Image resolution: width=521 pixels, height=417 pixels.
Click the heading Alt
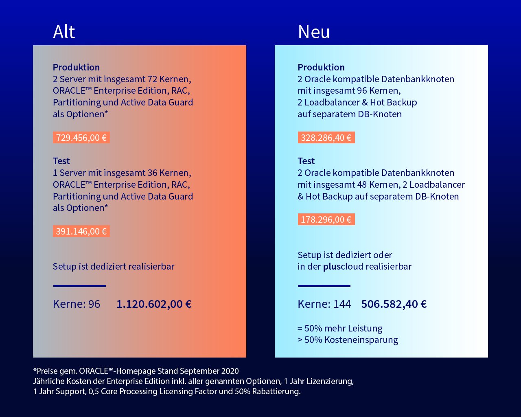64,32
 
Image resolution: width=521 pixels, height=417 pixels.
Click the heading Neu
314,32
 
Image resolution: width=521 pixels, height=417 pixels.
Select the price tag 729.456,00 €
81,138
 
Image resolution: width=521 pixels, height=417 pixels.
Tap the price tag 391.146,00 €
81,231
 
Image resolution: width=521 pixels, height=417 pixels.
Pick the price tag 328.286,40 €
326,138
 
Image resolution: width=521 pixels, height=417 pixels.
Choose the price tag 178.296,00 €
326,219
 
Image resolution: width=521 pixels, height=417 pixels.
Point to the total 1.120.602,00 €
154,304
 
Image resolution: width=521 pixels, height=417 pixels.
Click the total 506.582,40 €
394,304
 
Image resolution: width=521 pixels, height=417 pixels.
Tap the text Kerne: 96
77,304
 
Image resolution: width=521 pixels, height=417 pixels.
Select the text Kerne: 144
324,304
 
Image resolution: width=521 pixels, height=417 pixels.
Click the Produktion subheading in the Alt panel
76,67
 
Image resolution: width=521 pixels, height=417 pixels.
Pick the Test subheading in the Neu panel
306,161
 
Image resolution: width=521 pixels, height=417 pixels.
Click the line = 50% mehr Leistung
340,328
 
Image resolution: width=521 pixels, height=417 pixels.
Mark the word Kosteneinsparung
361,340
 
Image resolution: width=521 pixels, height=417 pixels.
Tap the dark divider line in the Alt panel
79,286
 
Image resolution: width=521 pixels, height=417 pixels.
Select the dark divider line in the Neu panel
324,286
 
